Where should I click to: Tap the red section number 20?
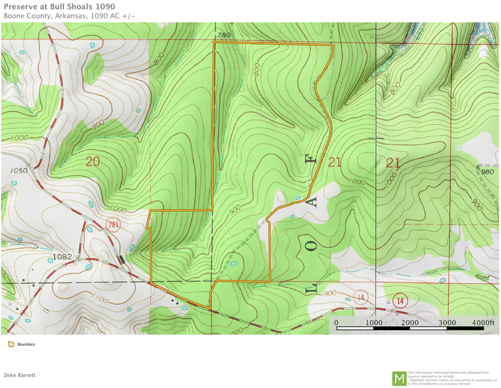92,162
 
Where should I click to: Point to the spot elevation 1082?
63,256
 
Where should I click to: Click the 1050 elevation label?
19,169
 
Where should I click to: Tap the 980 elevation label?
487,172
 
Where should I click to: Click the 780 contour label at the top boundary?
224,35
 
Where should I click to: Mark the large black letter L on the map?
312,288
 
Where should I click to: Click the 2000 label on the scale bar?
410,323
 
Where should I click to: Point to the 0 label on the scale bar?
336,323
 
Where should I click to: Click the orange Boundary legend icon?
11,344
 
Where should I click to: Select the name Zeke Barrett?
20,375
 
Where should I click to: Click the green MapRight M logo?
399,378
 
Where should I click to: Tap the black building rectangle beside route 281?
122,259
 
